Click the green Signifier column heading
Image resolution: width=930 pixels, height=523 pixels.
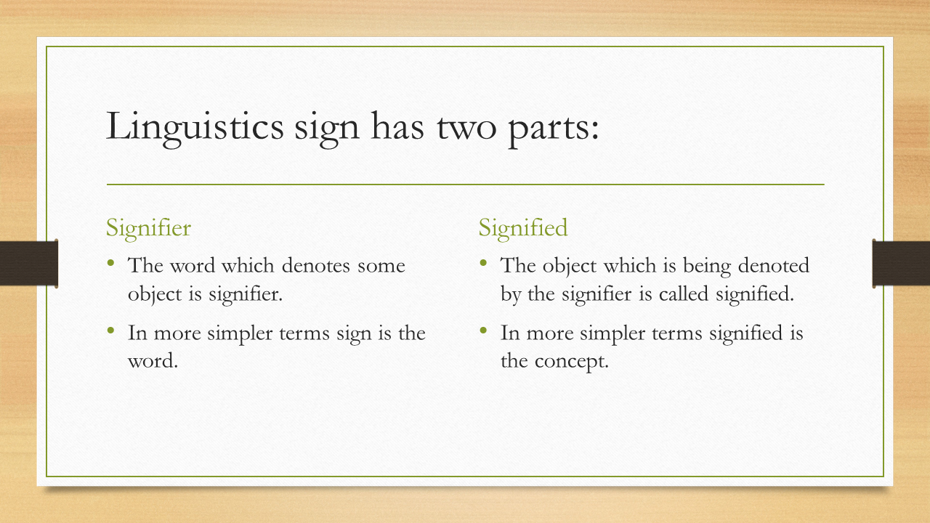pyautogui.click(x=148, y=228)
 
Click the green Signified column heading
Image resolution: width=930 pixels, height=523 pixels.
pyautogui.click(x=522, y=228)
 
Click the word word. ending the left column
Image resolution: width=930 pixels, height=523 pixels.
pyautogui.click(x=153, y=361)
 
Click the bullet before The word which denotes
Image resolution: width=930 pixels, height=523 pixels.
pyautogui.click(x=111, y=263)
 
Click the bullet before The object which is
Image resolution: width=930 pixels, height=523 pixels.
pyautogui.click(x=483, y=263)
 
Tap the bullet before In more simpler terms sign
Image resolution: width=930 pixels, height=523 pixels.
pyautogui.click(x=111, y=331)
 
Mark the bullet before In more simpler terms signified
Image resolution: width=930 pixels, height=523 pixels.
pyautogui.click(x=483, y=331)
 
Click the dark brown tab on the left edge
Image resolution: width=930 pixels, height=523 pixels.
pyautogui.click(x=28, y=262)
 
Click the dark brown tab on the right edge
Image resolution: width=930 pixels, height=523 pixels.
pyautogui.click(x=901, y=262)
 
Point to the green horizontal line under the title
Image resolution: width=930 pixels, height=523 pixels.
pyautogui.click(x=465, y=185)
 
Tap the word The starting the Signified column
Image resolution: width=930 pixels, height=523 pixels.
pyautogui.click(x=517, y=265)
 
